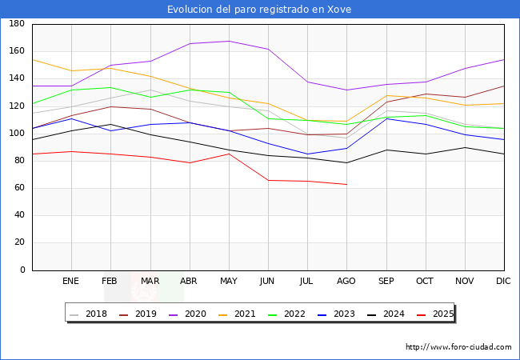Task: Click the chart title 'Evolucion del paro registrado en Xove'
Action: (259, 10)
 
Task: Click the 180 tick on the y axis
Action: (16, 24)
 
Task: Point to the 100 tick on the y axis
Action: (16, 134)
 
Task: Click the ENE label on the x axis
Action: (70, 282)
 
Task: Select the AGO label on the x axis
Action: (346, 282)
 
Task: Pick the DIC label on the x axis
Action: (503, 282)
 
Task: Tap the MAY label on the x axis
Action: (229, 282)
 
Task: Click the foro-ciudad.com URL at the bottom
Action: (458, 347)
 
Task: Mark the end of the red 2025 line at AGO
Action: (346, 185)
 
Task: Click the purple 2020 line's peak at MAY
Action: (229, 41)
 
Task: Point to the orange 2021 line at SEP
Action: (386, 96)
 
